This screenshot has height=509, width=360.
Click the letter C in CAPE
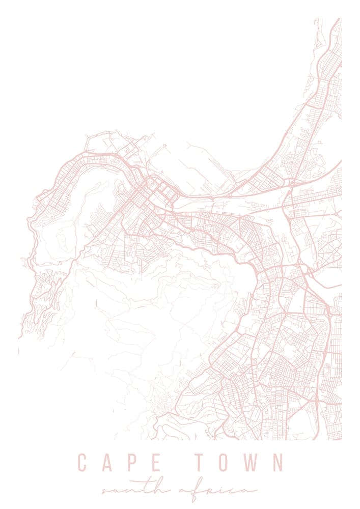click(x=83, y=463)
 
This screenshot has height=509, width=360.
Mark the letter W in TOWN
click(x=251, y=463)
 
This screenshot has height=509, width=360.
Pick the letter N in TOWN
click(x=278, y=463)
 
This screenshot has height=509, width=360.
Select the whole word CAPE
click(x=119, y=463)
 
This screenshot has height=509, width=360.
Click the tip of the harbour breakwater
click(x=165, y=146)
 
